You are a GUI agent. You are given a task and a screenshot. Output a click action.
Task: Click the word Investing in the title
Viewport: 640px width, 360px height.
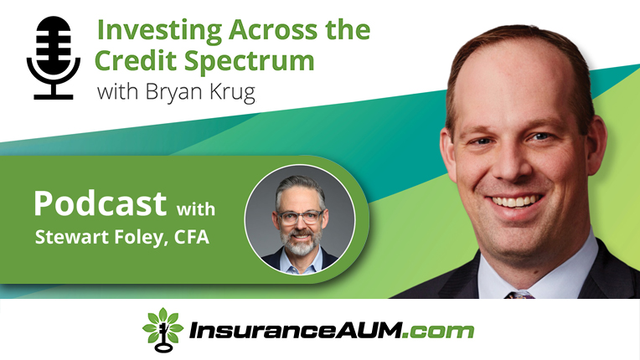[159, 31]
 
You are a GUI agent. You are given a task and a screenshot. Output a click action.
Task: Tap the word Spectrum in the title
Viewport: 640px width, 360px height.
[249, 62]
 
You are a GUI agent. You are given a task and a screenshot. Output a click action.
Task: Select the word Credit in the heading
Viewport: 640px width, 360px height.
[137, 60]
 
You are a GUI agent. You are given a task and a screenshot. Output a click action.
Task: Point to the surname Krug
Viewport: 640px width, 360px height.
[232, 93]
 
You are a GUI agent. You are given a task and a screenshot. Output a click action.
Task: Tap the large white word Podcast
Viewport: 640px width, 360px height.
[100, 203]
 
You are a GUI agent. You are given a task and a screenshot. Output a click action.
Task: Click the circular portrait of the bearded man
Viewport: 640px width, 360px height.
[300, 219]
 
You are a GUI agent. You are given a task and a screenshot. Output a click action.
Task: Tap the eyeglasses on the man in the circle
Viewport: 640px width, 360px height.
[300, 217]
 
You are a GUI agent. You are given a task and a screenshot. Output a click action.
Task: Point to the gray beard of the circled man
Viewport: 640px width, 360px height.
[301, 243]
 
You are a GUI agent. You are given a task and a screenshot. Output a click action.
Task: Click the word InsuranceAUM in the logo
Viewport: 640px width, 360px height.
[295, 330]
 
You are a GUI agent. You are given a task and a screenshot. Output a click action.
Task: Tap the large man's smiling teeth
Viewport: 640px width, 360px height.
[516, 202]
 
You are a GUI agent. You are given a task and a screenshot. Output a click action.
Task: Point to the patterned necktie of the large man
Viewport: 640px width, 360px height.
[519, 295]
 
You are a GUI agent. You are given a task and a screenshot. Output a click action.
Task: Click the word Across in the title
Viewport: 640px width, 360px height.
[273, 30]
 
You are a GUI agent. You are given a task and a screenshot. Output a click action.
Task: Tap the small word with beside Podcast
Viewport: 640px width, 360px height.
[195, 208]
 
